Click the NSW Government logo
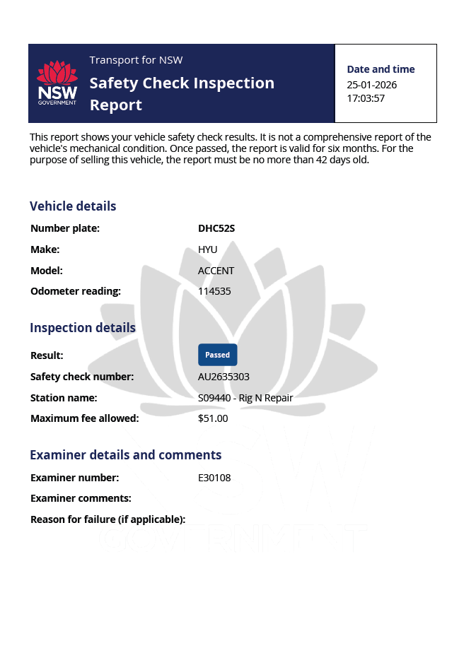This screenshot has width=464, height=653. [x=57, y=83]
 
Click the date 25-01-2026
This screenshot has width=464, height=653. [x=371, y=85]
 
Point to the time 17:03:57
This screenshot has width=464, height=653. [x=366, y=98]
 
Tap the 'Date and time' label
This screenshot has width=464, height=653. [x=381, y=69]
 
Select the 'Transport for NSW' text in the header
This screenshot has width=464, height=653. [x=136, y=60]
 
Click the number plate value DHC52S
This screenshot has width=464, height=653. [x=216, y=228]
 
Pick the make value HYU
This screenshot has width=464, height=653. [x=208, y=249]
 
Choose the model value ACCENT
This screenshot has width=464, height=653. [x=216, y=271]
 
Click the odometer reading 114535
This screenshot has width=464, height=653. [x=214, y=291]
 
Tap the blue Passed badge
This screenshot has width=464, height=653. [x=217, y=355]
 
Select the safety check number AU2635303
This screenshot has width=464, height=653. [x=224, y=377]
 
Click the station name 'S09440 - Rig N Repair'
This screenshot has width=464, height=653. [x=245, y=398]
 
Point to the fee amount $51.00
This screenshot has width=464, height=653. [x=213, y=418]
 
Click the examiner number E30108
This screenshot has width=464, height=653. [x=214, y=478]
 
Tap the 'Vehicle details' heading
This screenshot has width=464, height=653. [x=73, y=206]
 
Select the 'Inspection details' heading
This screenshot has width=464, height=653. [x=82, y=328]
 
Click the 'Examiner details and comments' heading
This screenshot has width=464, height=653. [x=125, y=455]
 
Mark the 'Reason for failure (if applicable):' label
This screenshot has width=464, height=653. [x=108, y=519]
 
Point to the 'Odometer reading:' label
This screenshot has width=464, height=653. [x=76, y=291]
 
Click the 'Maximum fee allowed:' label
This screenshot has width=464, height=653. [x=84, y=418]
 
